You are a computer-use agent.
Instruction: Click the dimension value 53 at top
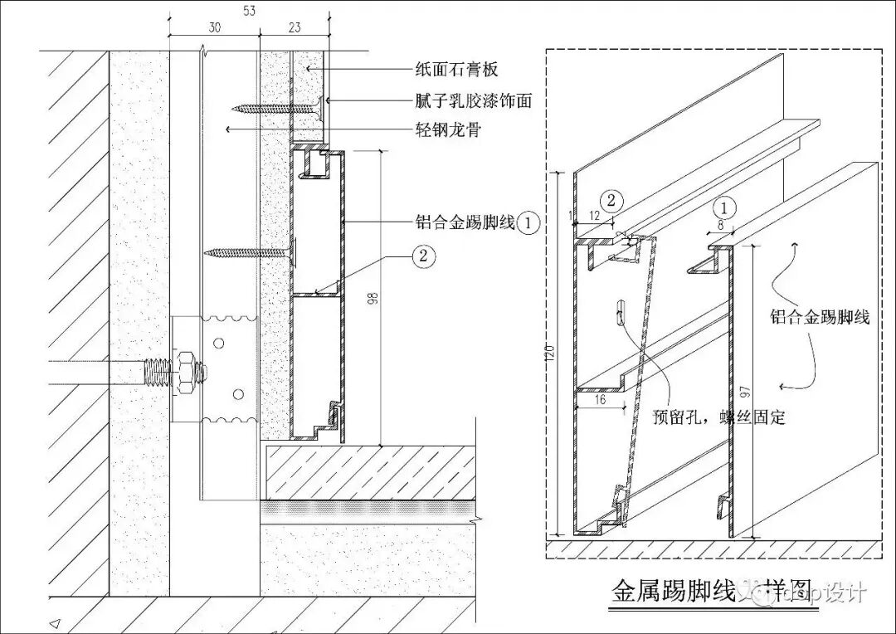250,9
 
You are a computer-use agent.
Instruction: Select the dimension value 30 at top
214,27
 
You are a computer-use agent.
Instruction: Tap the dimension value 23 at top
295,27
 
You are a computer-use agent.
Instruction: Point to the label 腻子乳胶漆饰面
473,101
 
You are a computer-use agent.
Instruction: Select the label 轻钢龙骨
448,130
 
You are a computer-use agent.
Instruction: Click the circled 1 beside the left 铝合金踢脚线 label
531,222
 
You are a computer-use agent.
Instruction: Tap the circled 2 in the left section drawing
423,256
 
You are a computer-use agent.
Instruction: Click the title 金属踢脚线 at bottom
674,592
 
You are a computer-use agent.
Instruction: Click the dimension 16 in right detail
600,399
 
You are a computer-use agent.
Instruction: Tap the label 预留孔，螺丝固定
718,417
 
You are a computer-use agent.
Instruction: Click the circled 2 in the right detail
611,200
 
